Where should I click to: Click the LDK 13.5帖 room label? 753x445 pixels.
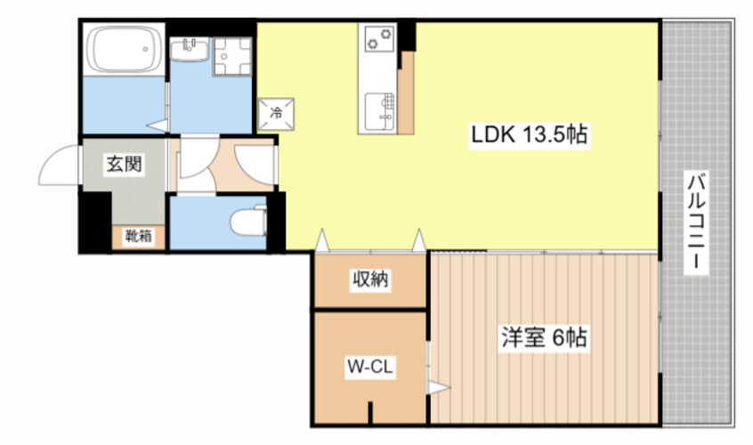(x=529, y=135)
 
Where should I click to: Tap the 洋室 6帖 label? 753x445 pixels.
(x=544, y=337)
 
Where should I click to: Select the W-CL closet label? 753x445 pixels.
(x=369, y=368)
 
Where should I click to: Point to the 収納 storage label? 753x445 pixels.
(x=369, y=279)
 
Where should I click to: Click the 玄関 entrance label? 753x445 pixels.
(x=125, y=164)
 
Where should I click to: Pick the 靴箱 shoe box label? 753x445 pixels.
(x=139, y=236)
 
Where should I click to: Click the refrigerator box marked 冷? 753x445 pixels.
(x=276, y=114)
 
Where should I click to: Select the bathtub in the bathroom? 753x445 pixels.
(x=124, y=49)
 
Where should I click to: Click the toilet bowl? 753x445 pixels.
(x=248, y=222)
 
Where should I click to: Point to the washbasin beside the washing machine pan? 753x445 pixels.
(x=190, y=50)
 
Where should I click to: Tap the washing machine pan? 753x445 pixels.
(x=232, y=57)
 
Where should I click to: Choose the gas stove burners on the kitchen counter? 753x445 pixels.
(x=378, y=38)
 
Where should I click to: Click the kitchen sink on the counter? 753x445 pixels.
(x=379, y=111)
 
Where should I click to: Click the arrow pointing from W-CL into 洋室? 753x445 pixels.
(x=439, y=387)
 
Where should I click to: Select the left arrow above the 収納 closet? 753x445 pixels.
(x=321, y=240)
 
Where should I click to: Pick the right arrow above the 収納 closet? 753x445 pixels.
(x=419, y=240)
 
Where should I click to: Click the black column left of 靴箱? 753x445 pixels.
(x=95, y=222)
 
